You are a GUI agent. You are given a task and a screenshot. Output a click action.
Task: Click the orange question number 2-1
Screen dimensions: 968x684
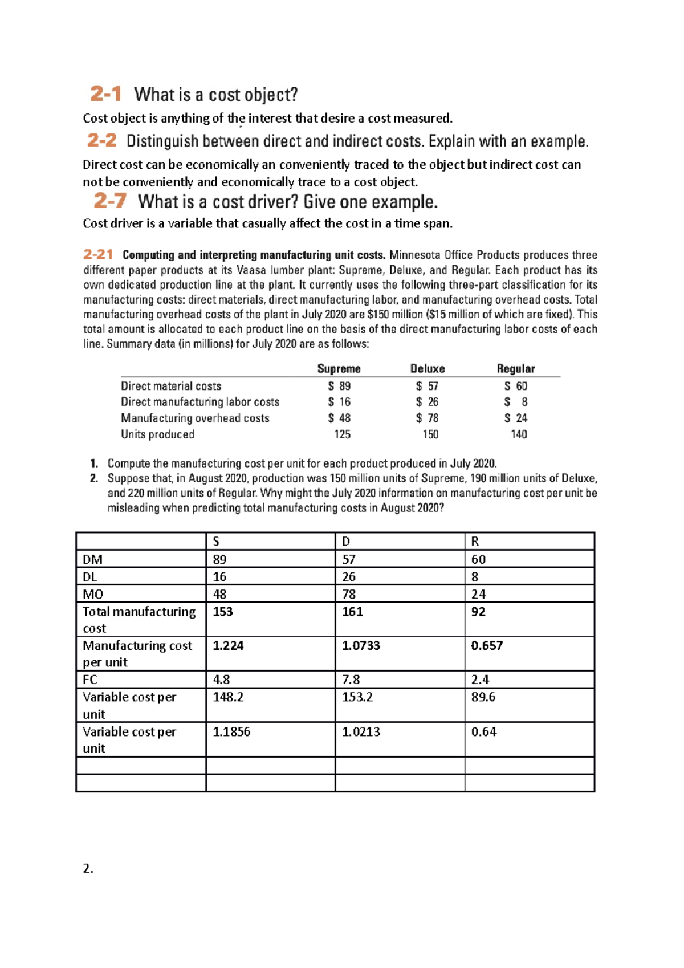(x=105, y=94)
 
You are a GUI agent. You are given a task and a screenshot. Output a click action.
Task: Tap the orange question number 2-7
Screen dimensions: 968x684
(x=109, y=201)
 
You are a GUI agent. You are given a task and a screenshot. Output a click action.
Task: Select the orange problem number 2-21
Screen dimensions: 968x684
(x=97, y=254)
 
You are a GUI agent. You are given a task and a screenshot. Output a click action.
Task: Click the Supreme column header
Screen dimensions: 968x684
(x=339, y=369)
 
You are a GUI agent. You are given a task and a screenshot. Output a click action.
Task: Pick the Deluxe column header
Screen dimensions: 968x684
(x=427, y=369)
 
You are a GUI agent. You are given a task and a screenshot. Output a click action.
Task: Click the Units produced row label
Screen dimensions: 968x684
(x=157, y=434)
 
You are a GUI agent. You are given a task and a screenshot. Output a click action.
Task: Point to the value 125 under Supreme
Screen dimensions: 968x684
(x=342, y=434)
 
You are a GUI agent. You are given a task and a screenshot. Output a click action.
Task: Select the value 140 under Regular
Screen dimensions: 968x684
(x=519, y=434)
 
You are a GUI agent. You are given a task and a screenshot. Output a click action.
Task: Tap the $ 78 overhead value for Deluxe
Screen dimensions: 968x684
(x=427, y=418)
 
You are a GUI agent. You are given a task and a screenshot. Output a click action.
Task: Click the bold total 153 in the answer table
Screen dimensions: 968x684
(x=223, y=612)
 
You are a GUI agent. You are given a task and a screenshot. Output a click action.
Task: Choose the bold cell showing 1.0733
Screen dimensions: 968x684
(x=361, y=646)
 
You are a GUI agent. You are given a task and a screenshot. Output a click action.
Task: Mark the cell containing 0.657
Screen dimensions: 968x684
(x=487, y=646)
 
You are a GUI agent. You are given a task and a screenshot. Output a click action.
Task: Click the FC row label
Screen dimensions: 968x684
(x=90, y=680)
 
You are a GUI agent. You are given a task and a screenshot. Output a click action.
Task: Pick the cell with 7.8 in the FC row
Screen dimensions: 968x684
(x=351, y=680)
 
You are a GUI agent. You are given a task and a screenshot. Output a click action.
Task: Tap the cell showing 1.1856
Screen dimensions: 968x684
(x=231, y=732)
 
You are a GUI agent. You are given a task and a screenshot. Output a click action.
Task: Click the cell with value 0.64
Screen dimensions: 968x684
(x=483, y=732)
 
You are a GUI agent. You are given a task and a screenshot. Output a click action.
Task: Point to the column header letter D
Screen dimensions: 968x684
(x=346, y=542)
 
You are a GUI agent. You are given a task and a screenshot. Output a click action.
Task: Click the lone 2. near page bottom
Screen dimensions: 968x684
(x=88, y=869)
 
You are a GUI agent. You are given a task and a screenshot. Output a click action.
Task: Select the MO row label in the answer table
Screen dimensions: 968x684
(x=93, y=595)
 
